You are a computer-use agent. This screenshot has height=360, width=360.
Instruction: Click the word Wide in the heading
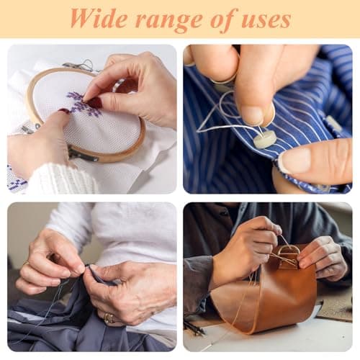click(99, 19)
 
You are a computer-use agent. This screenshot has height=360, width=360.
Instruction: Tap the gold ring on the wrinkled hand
click(109, 318)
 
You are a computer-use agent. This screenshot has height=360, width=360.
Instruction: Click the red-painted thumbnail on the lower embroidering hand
click(64, 111)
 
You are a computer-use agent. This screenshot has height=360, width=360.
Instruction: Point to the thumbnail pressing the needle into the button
click(255, 116)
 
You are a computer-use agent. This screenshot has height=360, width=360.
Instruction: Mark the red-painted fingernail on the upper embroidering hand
click(96, 103)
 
